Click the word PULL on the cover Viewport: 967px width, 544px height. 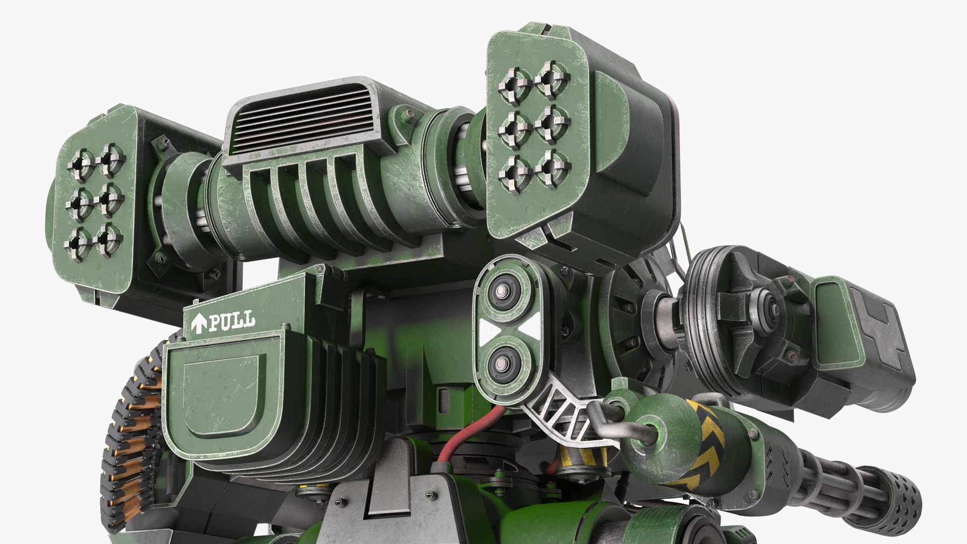[x=232, y=321]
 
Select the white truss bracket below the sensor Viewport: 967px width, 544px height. [x=559, y=413]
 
